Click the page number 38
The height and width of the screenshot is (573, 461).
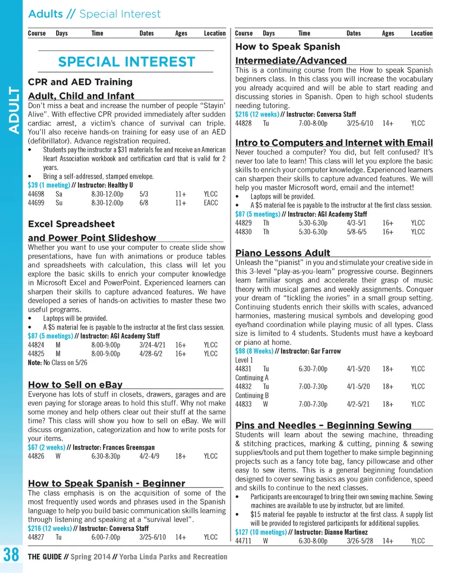[x=11, y=556]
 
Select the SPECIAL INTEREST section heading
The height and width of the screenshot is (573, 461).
[x=126, y=62]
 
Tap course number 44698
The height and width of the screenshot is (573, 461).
[x=36, y=194]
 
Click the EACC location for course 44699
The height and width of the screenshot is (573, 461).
[x=210, y=203]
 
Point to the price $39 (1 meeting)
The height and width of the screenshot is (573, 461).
[x=49, y=185]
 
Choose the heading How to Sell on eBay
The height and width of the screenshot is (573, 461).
[x=75, y=384]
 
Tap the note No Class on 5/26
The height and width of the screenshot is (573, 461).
[x=64, y=363]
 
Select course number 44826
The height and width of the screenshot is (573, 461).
[x=36, y=456]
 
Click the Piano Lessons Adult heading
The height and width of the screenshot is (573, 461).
[x=283, y=253]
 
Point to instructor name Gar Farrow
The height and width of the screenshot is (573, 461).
[x=326, y=351]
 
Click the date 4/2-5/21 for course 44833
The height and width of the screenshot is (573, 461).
[x=358, y=404]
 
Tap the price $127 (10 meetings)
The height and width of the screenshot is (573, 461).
[x=261, y=532]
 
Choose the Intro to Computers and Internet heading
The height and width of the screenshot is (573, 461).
[x=334, y=143]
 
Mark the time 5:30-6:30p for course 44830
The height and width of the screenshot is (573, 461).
[x=313, y=232]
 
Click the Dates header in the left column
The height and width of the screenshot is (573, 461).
[x=146, y=33]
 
